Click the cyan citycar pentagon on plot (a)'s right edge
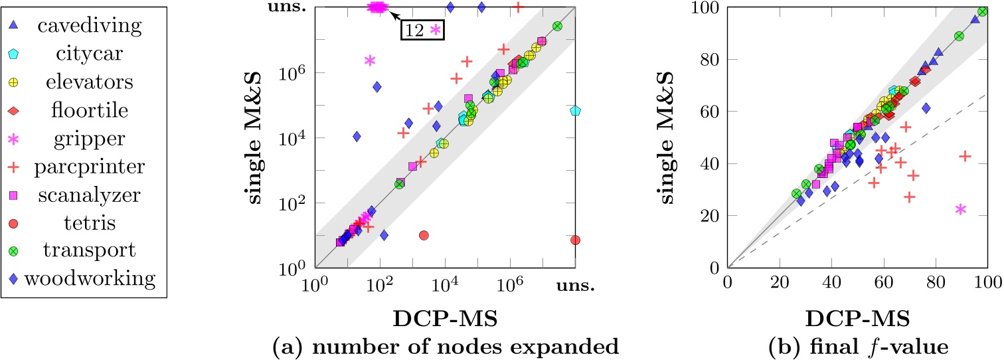tap(575, 110)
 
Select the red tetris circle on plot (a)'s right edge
tap(575, 240)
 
